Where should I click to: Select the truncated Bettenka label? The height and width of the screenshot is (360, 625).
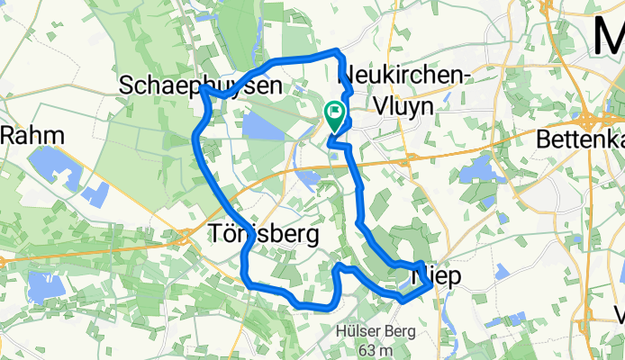(580, 139)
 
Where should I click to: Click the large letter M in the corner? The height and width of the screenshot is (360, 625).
(608, 36)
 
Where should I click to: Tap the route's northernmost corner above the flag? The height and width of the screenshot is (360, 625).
(337, 50)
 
